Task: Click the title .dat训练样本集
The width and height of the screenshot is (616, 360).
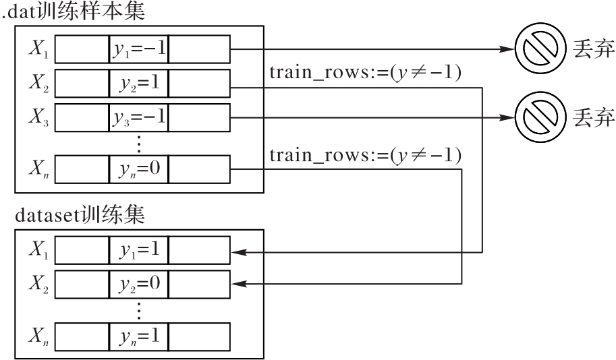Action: pos(74,11)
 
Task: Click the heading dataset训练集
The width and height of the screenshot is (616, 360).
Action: pos(80,215)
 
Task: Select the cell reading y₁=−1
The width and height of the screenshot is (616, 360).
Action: pos(139,49)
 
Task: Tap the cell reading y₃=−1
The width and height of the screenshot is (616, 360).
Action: pos(139,117)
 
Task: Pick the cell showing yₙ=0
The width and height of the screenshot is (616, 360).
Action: pos(139,169)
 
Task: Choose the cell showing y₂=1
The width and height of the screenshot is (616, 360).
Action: pos(139,83)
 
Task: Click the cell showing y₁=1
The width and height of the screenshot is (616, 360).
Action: pos(139,249)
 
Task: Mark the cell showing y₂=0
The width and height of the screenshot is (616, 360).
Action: pos(139,284)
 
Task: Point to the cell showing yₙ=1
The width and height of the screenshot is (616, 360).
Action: pos(139,336)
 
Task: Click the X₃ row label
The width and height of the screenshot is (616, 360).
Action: pos(38,117)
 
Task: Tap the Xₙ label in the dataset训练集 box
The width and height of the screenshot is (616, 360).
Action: pos(38,336)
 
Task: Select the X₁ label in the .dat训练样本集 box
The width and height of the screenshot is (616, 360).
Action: pos(38,49)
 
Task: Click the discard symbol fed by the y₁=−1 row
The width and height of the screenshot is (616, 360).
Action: pos(541,49)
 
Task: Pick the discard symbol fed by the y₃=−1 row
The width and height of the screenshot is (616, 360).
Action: pos(541,117)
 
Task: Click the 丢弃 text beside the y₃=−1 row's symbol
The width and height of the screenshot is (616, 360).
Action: pos(593,117)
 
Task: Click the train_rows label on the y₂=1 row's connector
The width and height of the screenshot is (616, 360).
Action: pos(365,73)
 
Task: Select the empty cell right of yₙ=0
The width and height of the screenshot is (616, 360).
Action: pos(199,169)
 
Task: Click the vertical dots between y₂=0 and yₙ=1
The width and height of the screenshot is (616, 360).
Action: pos(139,310)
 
